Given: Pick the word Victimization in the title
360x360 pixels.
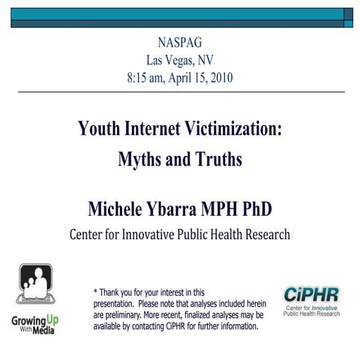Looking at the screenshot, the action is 235,129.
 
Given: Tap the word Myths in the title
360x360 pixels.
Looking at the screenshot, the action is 142,159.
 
